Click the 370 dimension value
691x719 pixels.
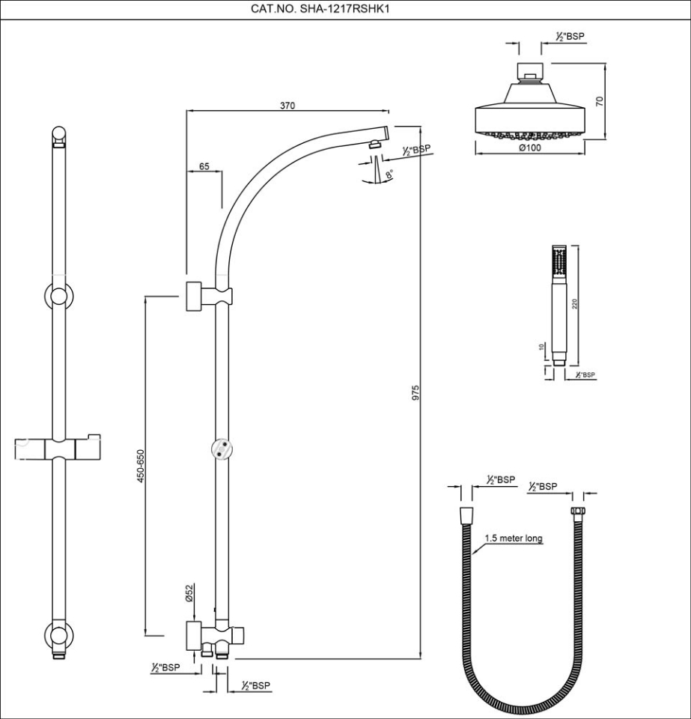pyautogui.click(x=287, y=106)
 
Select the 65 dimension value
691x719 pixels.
pyautogui.click(x=204, y=167)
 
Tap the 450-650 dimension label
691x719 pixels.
pyautogui.click(x=140, y=467)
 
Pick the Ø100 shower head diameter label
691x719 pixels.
pyautogui.click(x=530, y=148)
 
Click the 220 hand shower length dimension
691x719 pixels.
pyautogui.click(x=574, y=303)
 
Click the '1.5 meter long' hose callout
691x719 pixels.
pyautogui.click(x=513, y=538)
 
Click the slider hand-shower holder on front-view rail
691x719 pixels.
pyautogui.click(x=59, y=448)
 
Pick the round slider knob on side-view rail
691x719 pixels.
pyautogui.click(x=222, y=449)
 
